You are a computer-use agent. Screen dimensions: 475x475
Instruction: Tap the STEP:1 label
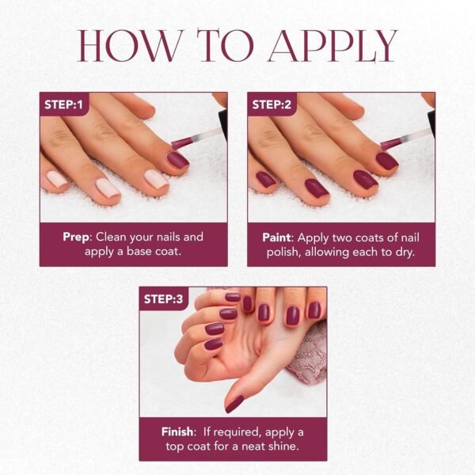65,104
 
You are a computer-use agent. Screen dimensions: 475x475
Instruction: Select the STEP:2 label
272,104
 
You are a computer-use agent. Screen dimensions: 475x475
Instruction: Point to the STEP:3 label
165,299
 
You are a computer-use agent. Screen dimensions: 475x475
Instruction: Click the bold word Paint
279,237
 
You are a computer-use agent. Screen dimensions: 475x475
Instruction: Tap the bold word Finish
177,431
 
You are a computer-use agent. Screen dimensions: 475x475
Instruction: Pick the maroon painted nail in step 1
177,160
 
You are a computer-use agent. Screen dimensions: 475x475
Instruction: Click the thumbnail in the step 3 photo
234,404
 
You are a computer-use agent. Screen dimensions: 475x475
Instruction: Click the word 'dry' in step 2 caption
402,251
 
